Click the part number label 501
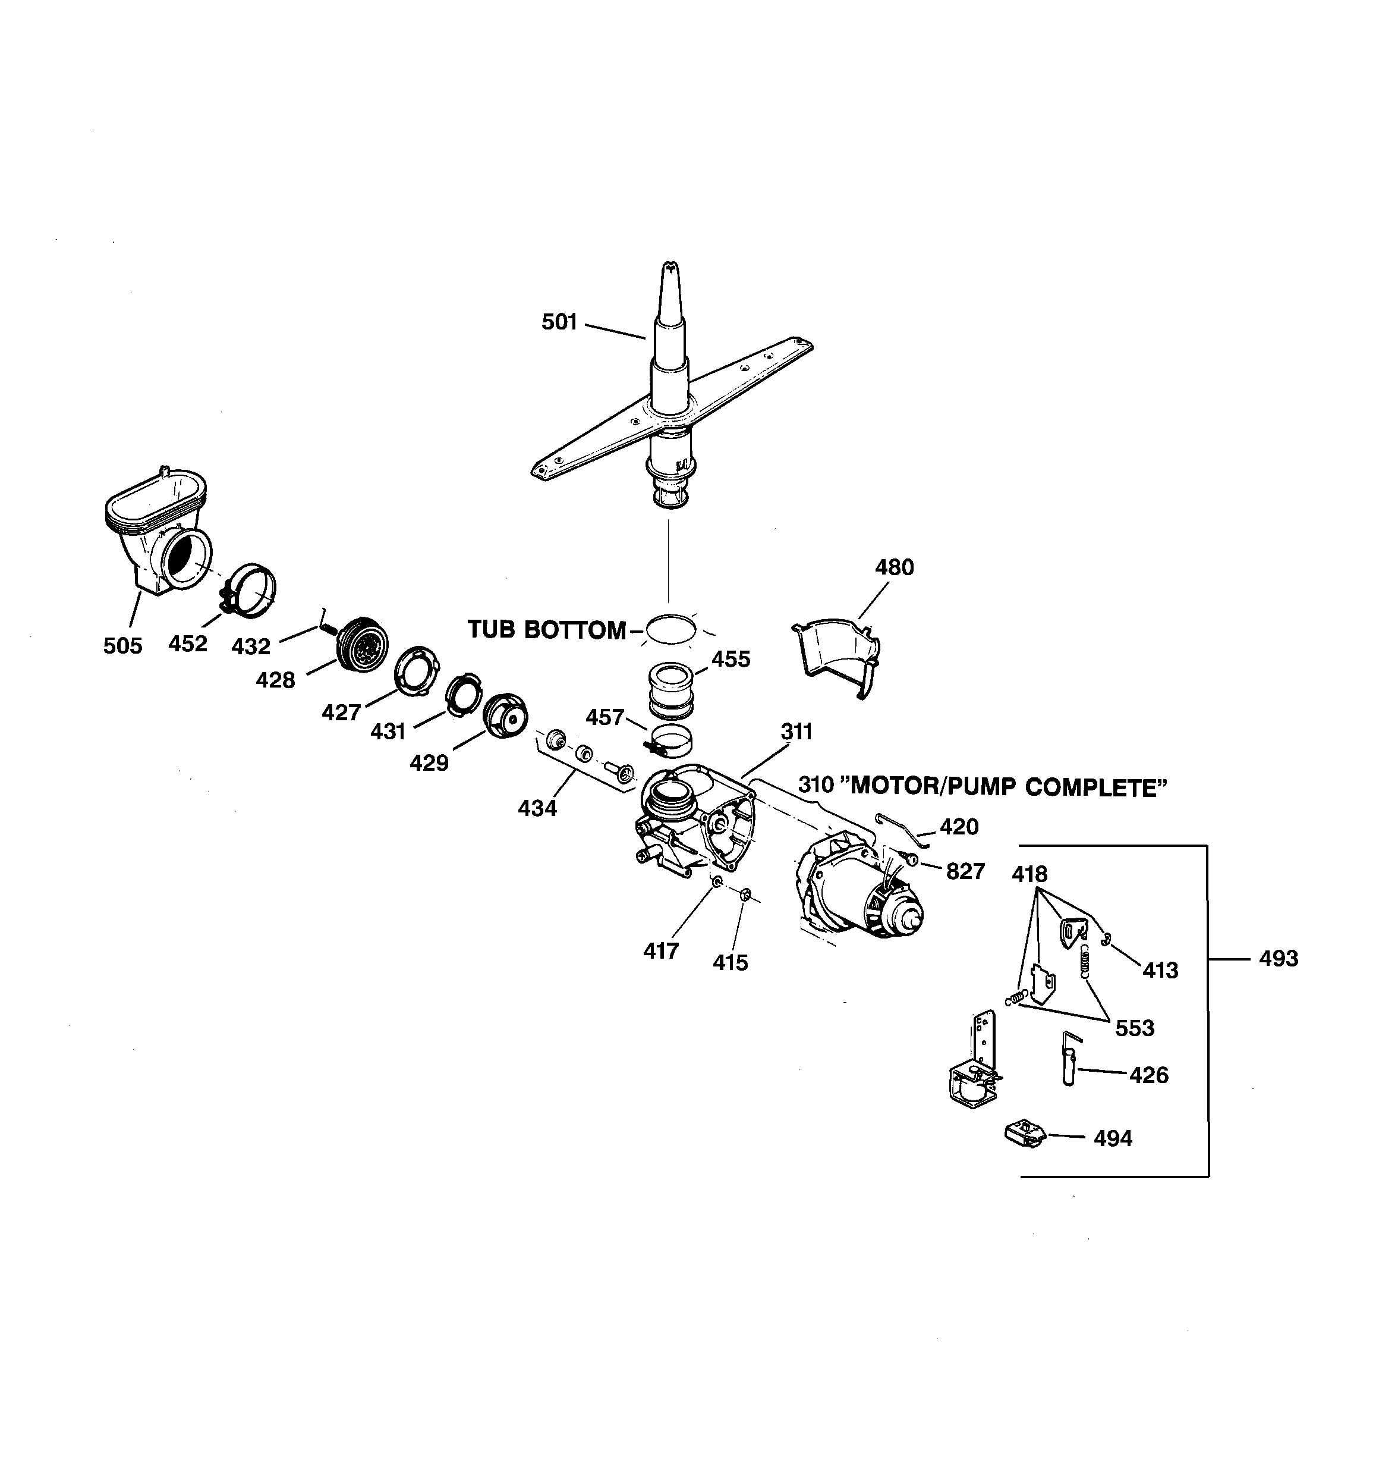pyautogui.click(x=559, y=322)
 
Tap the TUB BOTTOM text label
pyautogui.click(x=546, y=630)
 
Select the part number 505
pyautogui.click(x=122, y=646)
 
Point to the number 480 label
pyautogui.click(x=894, y=568)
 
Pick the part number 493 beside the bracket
pyautogui.click(x=1279, y=959)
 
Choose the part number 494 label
pyautogui.click(x=1113, y=1138)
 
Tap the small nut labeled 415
pyautogui.click(x=745, y=895)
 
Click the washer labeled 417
pyautogui.click(x=716, y=883)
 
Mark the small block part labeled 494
pyautogui.click(x=1024, y=1134)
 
